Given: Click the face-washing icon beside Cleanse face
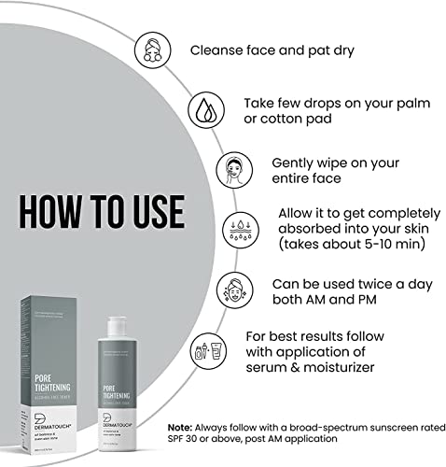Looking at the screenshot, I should point(154,49).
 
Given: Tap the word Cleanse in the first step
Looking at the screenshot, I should point(222,49).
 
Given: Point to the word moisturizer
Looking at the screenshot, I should point(333,367).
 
